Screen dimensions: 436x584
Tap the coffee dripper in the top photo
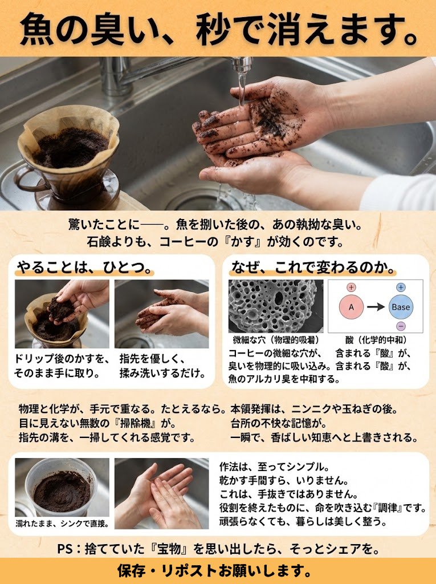(68, 156)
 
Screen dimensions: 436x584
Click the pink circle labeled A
(351, 307)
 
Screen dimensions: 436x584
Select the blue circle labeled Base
(401, 307)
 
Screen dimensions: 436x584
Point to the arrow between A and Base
(376, 307)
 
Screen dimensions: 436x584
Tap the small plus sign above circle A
(351, 287)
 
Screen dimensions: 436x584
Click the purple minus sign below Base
(401, 326)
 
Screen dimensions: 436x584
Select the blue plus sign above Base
(401, 287)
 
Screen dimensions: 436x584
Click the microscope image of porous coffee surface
(276, 306)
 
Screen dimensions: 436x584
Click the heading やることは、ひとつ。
(84, 267)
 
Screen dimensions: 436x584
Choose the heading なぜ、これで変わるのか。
(313, 267)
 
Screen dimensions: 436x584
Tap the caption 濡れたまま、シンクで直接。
(62, 524)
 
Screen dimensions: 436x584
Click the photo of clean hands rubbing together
(162, 493)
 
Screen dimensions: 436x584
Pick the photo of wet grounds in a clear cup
(62, 488)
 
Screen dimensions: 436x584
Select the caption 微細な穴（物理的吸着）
(275, 340)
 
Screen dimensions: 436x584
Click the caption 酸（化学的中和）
(376, 340)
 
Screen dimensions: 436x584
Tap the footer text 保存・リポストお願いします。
(214, 570)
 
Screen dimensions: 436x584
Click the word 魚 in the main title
(36, 29)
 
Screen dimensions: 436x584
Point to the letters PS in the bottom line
(65, 549)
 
